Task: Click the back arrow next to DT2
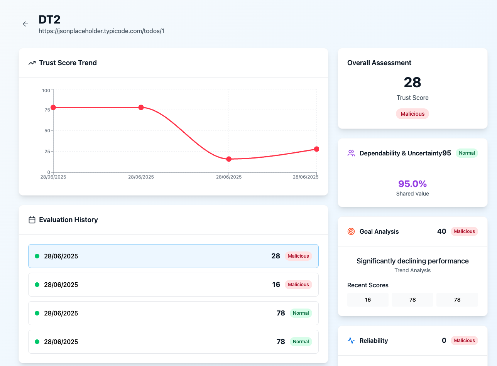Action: click(25, 24)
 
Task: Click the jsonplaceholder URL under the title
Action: click(101, 31)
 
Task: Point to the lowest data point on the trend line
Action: click(229, 159)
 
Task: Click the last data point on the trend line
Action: click(316, 149)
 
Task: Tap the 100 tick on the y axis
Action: click(46, 90)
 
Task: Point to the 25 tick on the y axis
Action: click(47, 151)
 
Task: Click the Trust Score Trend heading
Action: click(68, 63)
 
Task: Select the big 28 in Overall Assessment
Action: click(412, 82)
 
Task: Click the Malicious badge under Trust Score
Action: click(412, 114)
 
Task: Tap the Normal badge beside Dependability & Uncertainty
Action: click(467, 153)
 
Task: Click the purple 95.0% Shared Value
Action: click(412, 184)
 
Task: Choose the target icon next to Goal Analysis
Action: click(351, 231)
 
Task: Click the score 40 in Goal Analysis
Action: click(441, 231)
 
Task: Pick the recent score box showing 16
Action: click(367, 300)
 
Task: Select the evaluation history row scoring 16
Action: click(173, 285)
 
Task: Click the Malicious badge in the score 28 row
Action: click(298, 256)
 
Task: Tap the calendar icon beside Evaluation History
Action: click(32, 220)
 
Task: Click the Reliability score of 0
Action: click(444, 341)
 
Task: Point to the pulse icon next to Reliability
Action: click(351, 341)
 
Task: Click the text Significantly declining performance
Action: click(412, 261)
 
